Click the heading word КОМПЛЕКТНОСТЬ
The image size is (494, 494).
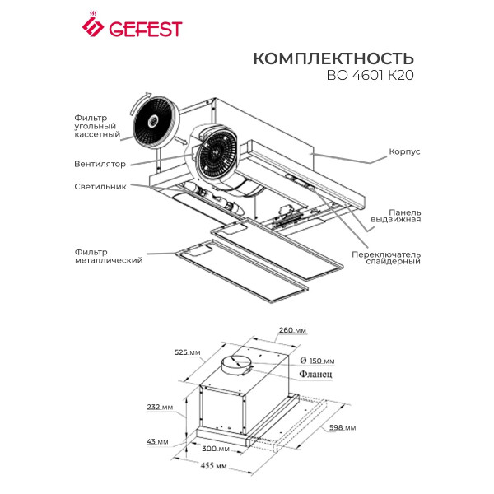[333, 59]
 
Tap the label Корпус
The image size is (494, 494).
[404, 152]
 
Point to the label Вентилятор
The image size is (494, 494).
[100, 164]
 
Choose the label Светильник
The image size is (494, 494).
[100, 186]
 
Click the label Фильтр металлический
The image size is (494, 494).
[103, 255]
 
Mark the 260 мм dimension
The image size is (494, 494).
[289, 329]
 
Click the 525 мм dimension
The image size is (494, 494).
[187, 352]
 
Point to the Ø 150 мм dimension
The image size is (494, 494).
[318, 361]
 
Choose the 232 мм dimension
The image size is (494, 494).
[161, 408]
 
